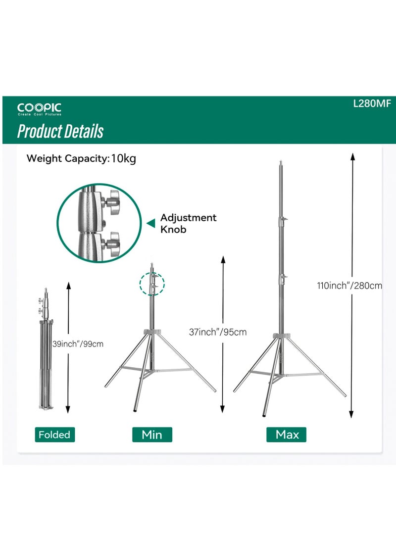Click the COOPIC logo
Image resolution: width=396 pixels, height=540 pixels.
tap(39, 109)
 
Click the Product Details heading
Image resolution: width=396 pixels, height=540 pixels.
tap(60, 132)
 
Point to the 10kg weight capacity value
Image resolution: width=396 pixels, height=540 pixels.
tap(123, 159)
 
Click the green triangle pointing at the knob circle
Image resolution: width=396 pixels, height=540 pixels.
tap(150, 224)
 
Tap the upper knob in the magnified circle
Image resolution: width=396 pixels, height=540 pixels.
tap(112, 201)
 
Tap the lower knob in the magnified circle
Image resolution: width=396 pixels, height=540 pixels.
tap(112, 243)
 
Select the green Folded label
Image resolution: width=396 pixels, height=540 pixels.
tap(54, 435)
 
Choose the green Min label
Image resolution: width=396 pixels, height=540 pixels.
tap(152, 435)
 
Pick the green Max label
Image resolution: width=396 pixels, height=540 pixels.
tap(287, 435)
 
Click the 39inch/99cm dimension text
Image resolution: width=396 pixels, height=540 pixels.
tap(78, 344)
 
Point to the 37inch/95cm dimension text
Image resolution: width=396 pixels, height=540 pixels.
tap(218, 332)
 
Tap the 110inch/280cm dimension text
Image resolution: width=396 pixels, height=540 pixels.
tap(349, 286)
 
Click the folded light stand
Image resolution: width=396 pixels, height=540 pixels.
tap(45, 361)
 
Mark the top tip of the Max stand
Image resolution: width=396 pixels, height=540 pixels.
tap(281, 162)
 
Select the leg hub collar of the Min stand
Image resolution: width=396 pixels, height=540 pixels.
tap(152, 332)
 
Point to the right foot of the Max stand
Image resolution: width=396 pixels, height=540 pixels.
tap(344, 395)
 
